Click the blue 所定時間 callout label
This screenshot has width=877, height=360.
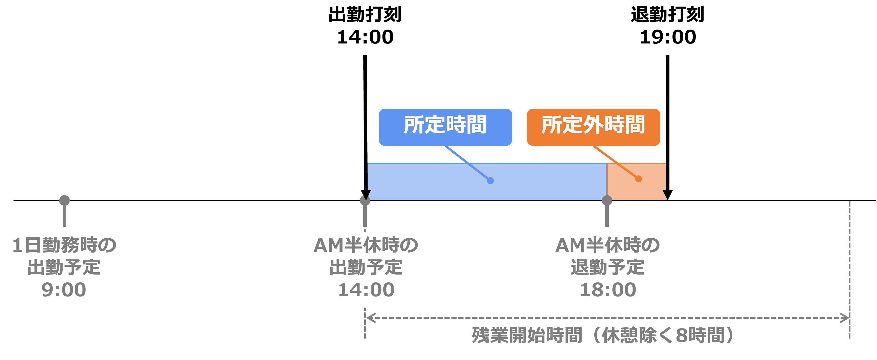(x=445, y=127)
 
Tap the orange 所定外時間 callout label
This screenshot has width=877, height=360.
(x=593, y=127)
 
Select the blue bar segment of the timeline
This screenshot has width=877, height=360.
(x=487, y=181)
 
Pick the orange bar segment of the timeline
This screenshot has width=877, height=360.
(x=636, y=181)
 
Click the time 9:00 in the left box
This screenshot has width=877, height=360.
(x=64, y=290)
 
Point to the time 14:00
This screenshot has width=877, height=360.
(x=366, y=290)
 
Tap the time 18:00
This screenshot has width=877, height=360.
(x=608, y=290)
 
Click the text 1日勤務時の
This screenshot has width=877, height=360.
(x=64, y=245)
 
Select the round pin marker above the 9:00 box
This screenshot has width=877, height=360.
(x=64, y=200)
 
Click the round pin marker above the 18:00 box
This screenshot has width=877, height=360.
(x=607, y=200)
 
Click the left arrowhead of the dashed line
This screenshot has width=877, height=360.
(x=370, y=318)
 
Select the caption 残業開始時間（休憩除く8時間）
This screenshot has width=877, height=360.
(x=603, y=335)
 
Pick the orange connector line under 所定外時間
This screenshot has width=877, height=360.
(x=606, y=154)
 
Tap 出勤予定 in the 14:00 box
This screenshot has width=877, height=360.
(x=366, y=267)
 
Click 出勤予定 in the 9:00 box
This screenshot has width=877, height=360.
(x=64, y=267)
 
